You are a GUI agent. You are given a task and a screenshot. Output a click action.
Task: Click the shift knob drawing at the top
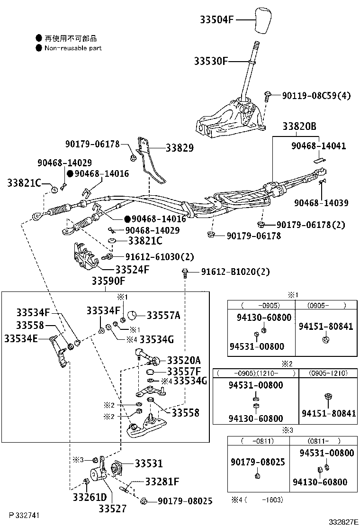(267, 20)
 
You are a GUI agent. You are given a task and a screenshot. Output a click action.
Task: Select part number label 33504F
(216, 20)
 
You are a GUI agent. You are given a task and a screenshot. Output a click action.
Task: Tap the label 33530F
(211, 61)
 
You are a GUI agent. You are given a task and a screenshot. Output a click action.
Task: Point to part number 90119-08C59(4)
(316, 96)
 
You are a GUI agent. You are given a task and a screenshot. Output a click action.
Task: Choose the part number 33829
(180, 148)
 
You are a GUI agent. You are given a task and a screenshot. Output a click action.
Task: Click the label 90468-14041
(318, 146)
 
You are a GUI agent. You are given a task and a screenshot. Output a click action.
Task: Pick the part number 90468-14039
(321, 203)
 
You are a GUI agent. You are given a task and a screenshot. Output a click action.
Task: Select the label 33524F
(132, 270)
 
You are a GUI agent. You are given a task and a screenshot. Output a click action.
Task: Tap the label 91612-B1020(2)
(235, 272)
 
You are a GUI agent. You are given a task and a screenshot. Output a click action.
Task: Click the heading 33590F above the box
(108, 282)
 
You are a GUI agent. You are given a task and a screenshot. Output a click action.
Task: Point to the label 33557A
(163, 315)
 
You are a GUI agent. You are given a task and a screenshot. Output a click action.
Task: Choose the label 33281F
(162, 482)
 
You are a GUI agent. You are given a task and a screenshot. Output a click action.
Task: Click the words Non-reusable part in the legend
(73, 48)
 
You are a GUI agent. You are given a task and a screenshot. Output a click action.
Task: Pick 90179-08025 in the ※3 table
(258, 461)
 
